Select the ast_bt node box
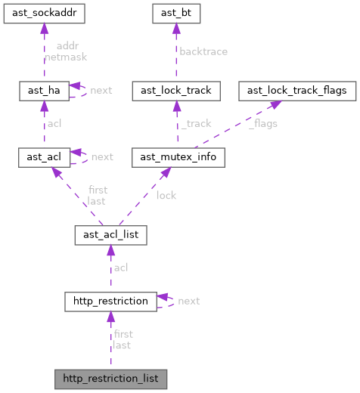coord(175,13)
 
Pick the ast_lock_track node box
coord(176,91)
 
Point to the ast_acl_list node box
coord(110,235)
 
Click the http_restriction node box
coord(110,301)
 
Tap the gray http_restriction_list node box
coord(110,377)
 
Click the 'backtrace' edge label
coord(203,51)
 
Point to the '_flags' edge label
coord(263,123)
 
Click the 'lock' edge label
coord(166,195)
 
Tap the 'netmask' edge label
coord(61,57)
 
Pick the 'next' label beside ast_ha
coord(101,90)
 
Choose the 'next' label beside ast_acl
coord(101,156)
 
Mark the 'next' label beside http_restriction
coord(188,301)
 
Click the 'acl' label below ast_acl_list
coord(120,268)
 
